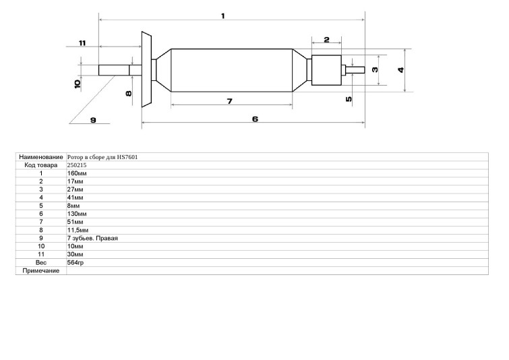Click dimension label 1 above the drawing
[x=223, y=16]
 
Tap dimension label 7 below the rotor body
[x=229, y=101]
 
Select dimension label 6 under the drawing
[x=255, y=119]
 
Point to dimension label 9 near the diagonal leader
[x=93, y=120]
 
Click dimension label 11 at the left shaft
[x=82, y=43]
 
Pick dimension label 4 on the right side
[x=401, y=70]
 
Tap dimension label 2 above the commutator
[x=326, y=40]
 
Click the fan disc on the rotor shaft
[x=146, y=69]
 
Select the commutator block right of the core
[x=326, y=70]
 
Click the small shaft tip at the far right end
[x=355, y=70]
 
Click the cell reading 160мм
[x=77, y=173]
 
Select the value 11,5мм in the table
[x=78, y=230]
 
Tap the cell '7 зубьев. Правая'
[x=92, y=238]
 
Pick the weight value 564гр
[x=76, y=263]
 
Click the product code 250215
[x=77, y=165]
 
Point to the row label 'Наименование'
[x=41, y=157]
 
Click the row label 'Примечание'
[x=41, y=271]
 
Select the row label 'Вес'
[x=41, y=263]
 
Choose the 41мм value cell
[x=75, y=198]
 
